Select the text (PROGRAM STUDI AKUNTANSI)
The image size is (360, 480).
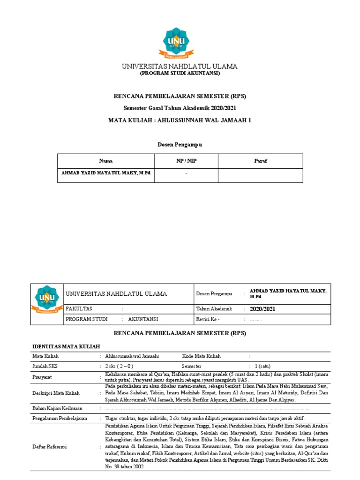click(180, 74)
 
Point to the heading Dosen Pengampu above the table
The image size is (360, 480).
click(180, 145)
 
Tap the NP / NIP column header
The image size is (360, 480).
click(186, 161)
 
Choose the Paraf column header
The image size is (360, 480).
click(260, 161)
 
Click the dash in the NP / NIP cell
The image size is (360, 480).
click(186, 173)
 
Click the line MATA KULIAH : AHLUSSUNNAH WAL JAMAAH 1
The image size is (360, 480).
click(180, 120)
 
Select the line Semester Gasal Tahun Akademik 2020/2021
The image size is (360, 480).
click(180, 108)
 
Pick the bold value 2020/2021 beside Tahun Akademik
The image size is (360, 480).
click(263, 309)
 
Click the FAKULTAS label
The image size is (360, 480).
click(79, 309)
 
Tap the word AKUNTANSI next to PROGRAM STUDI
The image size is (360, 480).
click(143, 319)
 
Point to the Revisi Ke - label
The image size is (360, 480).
click(208, 320)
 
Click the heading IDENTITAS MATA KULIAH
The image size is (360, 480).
click(66, 346)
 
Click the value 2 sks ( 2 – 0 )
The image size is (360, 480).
click(120, 366)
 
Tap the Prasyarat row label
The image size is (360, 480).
click(43, 377)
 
